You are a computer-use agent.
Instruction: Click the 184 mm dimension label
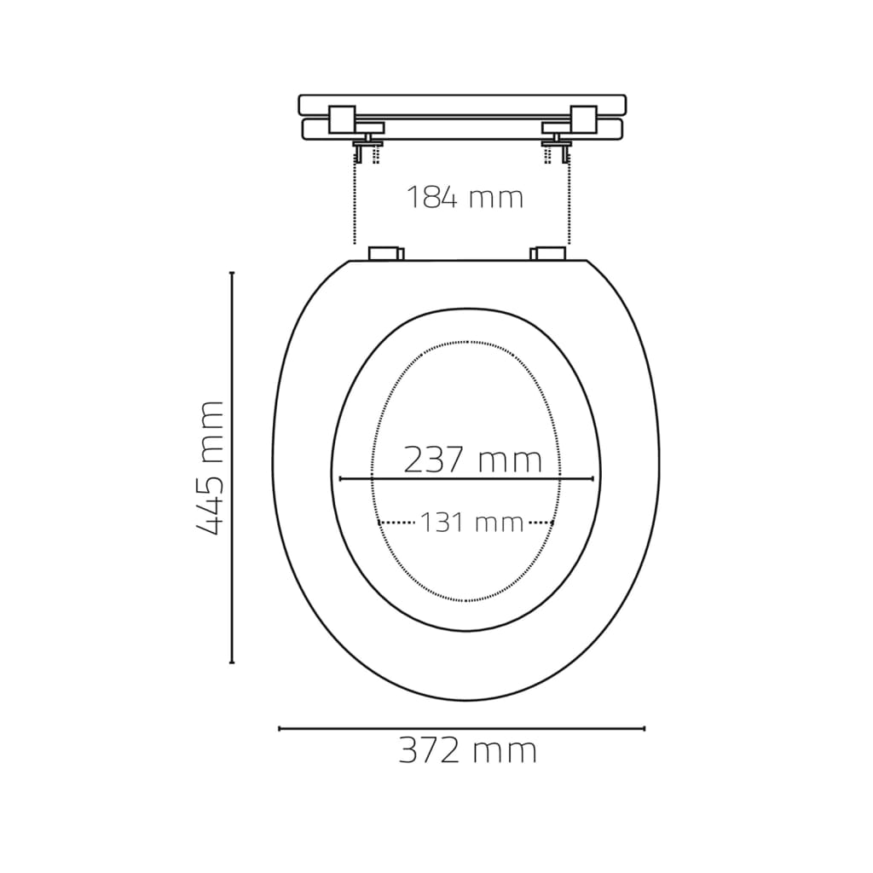463,198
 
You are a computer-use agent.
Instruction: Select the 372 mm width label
468,751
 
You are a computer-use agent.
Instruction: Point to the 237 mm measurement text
471,460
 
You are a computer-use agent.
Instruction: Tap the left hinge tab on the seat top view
386,253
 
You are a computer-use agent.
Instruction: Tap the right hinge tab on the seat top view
547,253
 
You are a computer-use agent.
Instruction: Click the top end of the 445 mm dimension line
232,274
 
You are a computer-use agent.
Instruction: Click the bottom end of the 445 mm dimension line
232,662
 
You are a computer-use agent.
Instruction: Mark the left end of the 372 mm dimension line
280,728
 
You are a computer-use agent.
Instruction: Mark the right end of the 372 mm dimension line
645,728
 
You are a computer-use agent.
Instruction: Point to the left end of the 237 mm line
340,479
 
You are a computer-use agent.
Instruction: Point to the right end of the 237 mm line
593,479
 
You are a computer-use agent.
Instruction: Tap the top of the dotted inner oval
466,342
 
